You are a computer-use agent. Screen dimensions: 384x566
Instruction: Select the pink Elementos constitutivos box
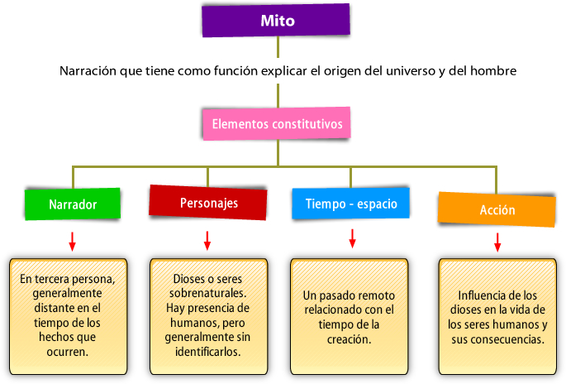click(x=277, y=123)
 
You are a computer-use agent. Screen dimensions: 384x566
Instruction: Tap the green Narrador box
click(x=73, y=204)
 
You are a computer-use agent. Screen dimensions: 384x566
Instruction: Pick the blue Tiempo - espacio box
click(x=350, y=204)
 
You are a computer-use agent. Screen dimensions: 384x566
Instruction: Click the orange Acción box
click(x=497, y=209)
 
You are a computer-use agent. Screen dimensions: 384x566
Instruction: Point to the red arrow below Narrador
click(x=73, y=241)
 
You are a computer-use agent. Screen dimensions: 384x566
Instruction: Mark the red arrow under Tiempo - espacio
click(x=352, y=238)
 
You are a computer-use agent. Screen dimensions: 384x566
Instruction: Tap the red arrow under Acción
click(x=497, y=242)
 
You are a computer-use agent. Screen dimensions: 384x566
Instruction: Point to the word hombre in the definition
click(x=493, y=71)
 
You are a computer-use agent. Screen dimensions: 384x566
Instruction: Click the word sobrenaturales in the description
click(x=210, y=294)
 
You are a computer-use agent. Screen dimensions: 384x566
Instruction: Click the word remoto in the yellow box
click(x=376, y=295)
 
